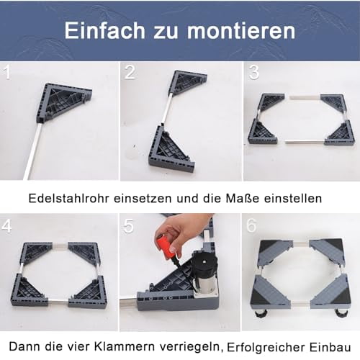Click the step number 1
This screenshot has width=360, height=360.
click(x=8, y=72)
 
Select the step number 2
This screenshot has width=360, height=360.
click(x=130, y=72)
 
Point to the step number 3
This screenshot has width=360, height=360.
click(x=253, y=72)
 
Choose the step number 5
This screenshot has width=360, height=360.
click(x=130, y=225)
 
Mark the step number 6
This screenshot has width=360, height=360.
click(x=253, y=225)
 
